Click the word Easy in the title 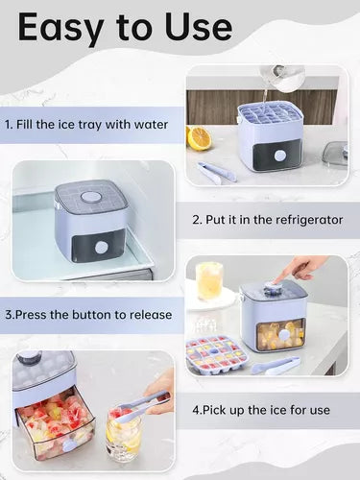click(x=60, y=28)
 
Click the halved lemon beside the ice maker click(x=199, y=137)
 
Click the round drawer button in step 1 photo click(x=280, y=156)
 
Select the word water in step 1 click(x=151, y=125)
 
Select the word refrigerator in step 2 click(x=309, y=220)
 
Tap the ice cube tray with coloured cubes click(x=217, y=353)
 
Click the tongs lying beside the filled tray click(x=276, y=366)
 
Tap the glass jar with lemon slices click(x=124, y=435)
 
